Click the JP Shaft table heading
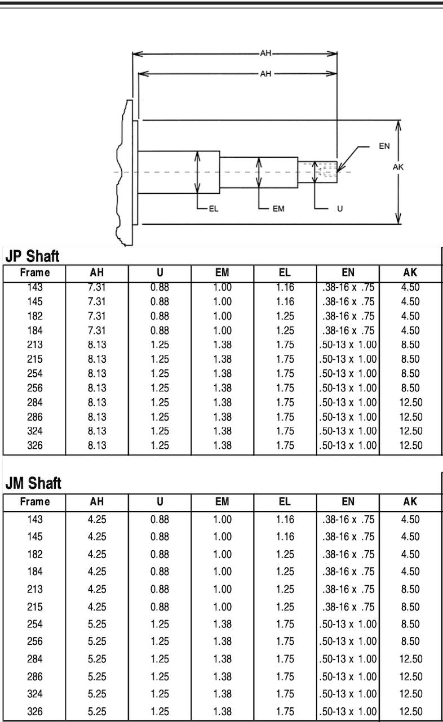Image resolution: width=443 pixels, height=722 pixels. point(33,257)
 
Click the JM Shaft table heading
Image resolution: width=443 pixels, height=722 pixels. point(33,483)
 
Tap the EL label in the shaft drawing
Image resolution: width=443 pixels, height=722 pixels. point(214,209)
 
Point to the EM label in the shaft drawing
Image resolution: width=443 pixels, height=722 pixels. point(278,209)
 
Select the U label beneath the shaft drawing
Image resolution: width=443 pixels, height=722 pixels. point(339,209)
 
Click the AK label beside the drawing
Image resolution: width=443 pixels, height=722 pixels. point(398,167)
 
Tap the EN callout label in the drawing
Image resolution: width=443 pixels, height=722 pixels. point(384,145)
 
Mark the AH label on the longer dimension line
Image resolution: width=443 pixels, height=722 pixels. point(265,54)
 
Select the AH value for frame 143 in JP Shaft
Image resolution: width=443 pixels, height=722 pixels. point(97,287)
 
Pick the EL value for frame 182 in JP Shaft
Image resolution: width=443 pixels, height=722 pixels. point(285,316)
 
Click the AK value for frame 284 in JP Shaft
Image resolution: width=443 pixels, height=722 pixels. point(411,403)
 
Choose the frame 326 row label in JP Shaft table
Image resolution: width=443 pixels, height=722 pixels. point(35,445)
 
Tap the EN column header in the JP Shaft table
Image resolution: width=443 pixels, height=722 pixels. point(348,273)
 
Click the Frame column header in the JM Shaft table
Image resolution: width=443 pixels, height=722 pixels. point(35,502)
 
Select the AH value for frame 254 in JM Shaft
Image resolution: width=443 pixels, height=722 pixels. point(97,624)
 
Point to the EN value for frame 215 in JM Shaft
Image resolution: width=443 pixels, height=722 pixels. point(348,607)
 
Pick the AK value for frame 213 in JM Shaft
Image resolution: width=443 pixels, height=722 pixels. point(410,589)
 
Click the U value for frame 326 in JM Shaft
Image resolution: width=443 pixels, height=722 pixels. point(160,711)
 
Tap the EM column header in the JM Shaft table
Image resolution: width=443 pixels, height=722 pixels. point(222,502)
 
